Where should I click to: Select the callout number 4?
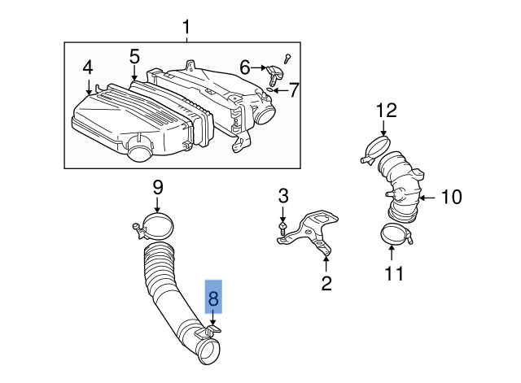pos(87,67)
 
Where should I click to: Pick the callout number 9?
pos(158,189)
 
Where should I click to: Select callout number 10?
pos(451,197)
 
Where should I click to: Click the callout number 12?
pos(386,110)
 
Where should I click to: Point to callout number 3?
pos(283,195)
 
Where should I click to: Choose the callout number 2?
pos(326,283)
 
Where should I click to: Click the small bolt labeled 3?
pos(282,230)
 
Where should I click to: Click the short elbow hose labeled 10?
pos(400,188)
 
